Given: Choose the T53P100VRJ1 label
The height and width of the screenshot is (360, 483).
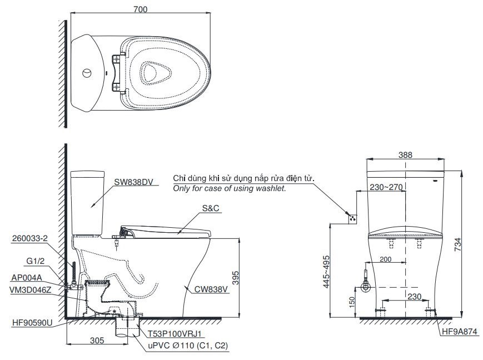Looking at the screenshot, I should click(176, 334).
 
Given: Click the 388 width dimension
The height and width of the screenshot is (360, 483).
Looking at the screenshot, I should click(406, 156).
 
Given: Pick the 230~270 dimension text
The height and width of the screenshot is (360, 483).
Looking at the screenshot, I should click(386, 187).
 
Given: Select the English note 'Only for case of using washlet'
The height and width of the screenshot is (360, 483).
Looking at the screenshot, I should click(230, 189).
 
